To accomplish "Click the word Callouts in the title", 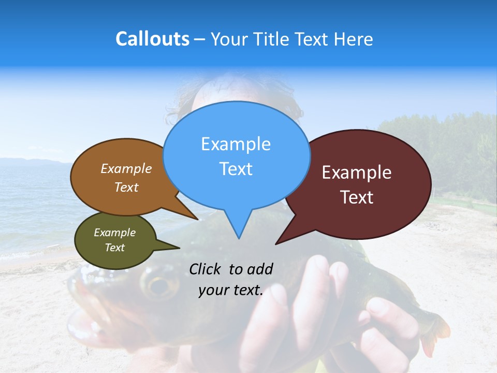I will pyautogui.click(x=152, y=39).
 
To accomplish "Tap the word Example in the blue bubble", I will pyautogui.click(x=236, y=144).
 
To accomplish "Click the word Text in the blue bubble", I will pyautogui.click(x=236, y=168).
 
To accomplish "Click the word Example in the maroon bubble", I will pyautogui.click(x=357, y=173).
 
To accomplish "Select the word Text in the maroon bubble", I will pyautogui.click(x=357, y=197).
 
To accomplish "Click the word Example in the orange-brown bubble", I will pyautogui.click(x=126, y=168).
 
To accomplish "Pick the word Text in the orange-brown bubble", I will pyautogui.click(x=126, y=187).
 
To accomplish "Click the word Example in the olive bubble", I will pyautogui.click(x=114, y=233).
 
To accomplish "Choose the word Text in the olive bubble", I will pyautogui.click(x=114, y=248).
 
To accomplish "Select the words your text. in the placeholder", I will pyautogui.click(x=231, y=290).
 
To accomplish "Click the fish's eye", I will pyautogui.click(x=159, y=284).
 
